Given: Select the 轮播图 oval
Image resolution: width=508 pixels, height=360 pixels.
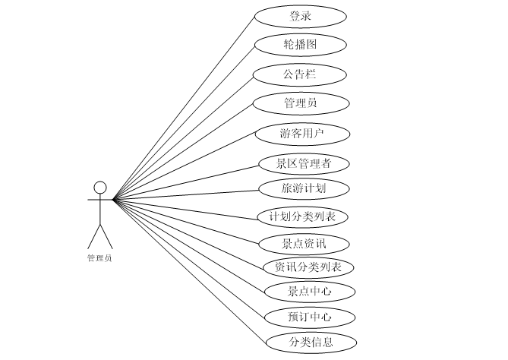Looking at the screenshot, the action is (301, 45).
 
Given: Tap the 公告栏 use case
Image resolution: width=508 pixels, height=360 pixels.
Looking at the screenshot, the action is (301, 74).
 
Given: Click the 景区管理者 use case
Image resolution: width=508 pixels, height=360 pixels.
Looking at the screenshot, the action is (303, 163).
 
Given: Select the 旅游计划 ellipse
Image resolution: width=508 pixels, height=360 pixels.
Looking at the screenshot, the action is (303, 188).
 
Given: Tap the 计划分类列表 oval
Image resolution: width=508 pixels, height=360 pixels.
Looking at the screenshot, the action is (303, 217).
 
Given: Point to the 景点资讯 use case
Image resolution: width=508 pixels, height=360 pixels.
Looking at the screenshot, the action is (303, 244).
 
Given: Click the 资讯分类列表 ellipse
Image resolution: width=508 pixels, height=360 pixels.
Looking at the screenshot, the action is (308, 267).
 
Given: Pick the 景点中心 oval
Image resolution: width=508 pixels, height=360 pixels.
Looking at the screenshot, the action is (310, 291).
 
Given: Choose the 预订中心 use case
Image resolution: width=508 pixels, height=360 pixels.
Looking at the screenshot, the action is (310, 317).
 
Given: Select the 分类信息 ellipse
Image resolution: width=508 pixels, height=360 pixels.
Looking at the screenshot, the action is (311, 342).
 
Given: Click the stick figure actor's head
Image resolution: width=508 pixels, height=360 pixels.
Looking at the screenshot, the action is (99, 187).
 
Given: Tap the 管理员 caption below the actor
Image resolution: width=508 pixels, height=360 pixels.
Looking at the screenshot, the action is (99, 258).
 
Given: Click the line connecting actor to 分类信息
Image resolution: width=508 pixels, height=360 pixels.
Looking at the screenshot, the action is (190, 271).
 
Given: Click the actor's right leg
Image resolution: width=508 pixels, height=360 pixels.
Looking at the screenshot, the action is (106, 236).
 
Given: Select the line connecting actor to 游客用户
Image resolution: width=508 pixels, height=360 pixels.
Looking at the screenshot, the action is (186, 166).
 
